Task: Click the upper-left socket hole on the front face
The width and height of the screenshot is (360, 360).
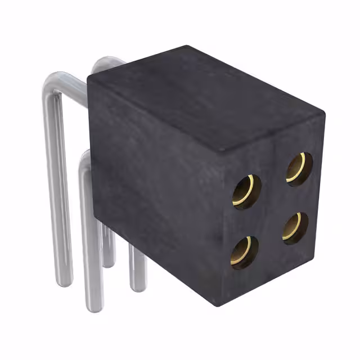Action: point(246,192)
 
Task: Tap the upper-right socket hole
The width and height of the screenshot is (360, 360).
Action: point(299,168)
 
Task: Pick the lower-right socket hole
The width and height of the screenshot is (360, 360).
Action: point(295,227)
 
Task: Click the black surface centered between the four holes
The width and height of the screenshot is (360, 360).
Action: point(272,210)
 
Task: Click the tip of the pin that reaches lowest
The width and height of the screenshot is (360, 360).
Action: point(95,308)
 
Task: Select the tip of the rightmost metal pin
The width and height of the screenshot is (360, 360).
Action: point(138,287)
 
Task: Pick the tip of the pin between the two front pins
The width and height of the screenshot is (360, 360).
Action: point(109,263)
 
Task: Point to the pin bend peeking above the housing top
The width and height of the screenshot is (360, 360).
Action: point(107,62)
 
